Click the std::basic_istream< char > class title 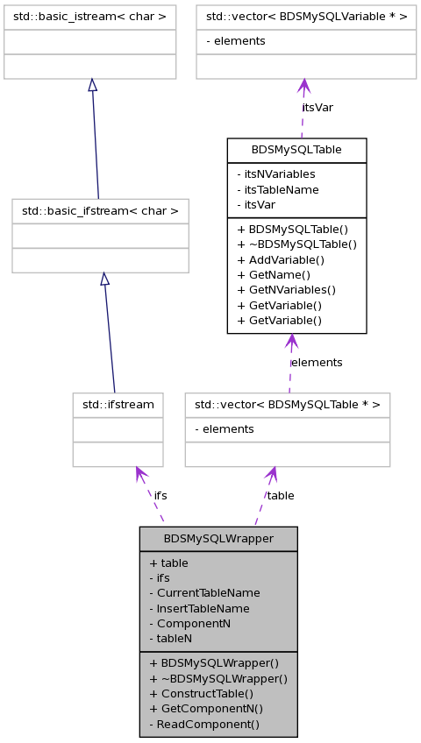coord(89,18)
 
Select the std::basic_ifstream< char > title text coord(100,211)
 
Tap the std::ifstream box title coord(118,405)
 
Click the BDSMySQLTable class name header coord(296,150)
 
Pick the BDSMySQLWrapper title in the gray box coord(218,539)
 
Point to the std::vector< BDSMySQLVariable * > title coord(307,18)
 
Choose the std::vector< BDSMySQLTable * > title coord(288,405)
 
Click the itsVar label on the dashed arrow coord(318,108)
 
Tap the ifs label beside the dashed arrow coord(161,496)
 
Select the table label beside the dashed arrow coord(280,496)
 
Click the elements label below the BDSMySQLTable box coord(317,363)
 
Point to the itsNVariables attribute coord(276,174)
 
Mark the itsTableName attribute coord(278,190)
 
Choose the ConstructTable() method coord(202,694)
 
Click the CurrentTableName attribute coord(205,593)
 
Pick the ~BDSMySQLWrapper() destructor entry coord(218,678)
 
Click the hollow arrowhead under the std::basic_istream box coord(93,85)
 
